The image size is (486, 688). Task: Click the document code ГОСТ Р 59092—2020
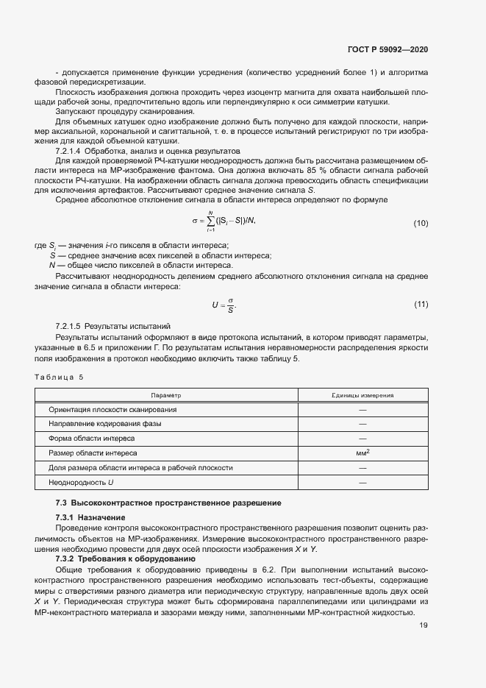(x=387, y=49)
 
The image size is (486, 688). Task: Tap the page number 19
(x=424, y=625)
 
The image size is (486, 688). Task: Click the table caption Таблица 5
(x=60, y=377)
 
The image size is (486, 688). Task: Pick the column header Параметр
(x=165, y=395)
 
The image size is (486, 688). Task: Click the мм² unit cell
(x=362, y=453)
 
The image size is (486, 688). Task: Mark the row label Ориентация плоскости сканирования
(x=112, y=409)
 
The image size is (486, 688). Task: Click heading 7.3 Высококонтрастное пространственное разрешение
(x=169, y=503)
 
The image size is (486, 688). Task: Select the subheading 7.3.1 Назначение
(x=90, y=517)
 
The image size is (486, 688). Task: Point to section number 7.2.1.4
(x=71, y=149)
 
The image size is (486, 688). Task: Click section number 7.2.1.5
(x=71, y=325)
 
